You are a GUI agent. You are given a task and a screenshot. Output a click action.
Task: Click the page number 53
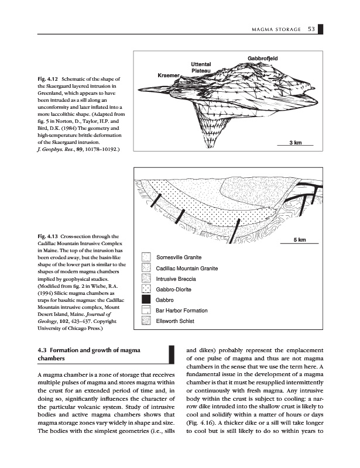311,30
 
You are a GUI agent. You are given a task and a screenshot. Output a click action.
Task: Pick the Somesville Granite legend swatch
146,257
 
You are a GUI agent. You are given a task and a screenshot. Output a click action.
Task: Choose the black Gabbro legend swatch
146,299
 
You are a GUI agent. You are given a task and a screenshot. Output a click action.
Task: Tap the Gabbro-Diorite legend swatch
146,289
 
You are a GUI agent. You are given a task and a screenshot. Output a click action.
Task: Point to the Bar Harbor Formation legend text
182,310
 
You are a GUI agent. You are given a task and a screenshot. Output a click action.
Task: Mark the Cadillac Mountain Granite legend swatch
146,268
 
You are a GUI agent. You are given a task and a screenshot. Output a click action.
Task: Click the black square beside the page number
322,30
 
